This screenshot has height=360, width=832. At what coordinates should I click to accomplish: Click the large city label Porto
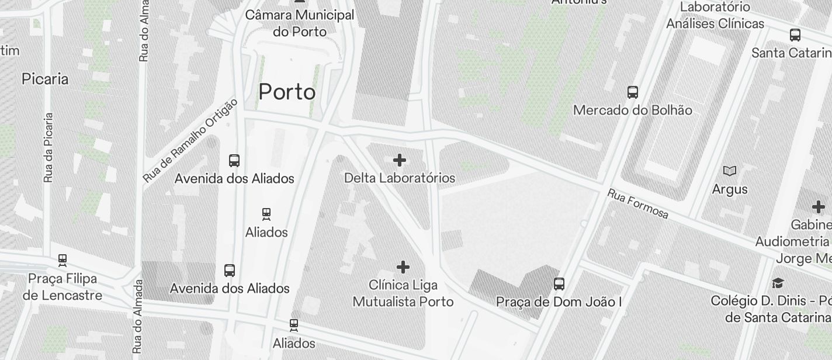pyautogui.click(x=287, y=92)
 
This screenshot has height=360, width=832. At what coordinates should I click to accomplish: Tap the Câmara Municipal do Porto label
pyautogui.click(x=300, y=23)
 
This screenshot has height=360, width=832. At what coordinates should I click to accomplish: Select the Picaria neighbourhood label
pyautogui.click(x=45, y=79)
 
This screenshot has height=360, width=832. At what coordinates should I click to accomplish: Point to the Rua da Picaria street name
pyautogui.click(x=48, y=147)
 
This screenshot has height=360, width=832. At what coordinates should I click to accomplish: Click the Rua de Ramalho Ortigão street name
pyautogui.click(x=190, y=140)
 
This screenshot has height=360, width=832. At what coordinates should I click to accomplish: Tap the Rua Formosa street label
pyautogui.click(x=637, y=203)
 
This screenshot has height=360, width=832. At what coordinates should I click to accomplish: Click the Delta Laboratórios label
pyautogui.click(x=400, y=178)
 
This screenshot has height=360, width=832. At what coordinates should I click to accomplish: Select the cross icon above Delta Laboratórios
pyautogui.click(x=400, y=160)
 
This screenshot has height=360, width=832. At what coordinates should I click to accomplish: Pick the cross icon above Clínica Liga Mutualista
pyautogui.click(x=403, y=268)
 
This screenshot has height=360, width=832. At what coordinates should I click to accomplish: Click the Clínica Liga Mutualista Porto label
pyautogui.click(x=403, y=293)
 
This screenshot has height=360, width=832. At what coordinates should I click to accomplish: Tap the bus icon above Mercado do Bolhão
pyautogui.click(x=633, y=92)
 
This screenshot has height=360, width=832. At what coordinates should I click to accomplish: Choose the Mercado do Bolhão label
pyautogui.click(x=633, y=110)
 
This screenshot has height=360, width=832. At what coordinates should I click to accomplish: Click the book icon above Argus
pyautogui.click(x=730, y=171)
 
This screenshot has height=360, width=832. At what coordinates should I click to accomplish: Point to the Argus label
pyautogui.click(x=730, y=189)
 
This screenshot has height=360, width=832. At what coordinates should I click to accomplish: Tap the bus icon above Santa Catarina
pyautogui.click(x=795, y=34)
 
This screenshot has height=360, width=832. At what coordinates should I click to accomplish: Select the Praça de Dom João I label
pyautogui.click(x=559, y=302)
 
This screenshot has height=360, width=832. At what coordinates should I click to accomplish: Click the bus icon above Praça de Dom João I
pyautogui.click(x=559, y=284)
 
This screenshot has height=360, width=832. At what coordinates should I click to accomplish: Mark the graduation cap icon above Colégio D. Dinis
pyautogui.click(x=778, y=283)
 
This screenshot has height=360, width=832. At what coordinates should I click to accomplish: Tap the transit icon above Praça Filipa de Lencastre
pyautogui.click(x=63, y=260)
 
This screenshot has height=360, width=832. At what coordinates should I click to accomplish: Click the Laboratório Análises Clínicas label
pyautogui.click(x=715, y=16)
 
